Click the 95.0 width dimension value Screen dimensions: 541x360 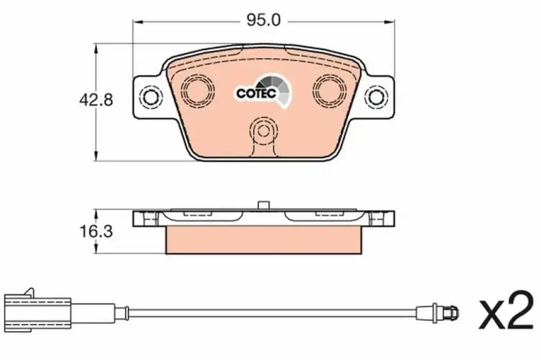(x=263, y=21)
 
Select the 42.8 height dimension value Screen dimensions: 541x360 (x=96, y=100)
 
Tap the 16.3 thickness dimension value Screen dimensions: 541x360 (x=96, y=231)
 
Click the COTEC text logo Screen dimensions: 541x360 (x=256, y=93)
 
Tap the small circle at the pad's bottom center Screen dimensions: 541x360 (x=264, y=131)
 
